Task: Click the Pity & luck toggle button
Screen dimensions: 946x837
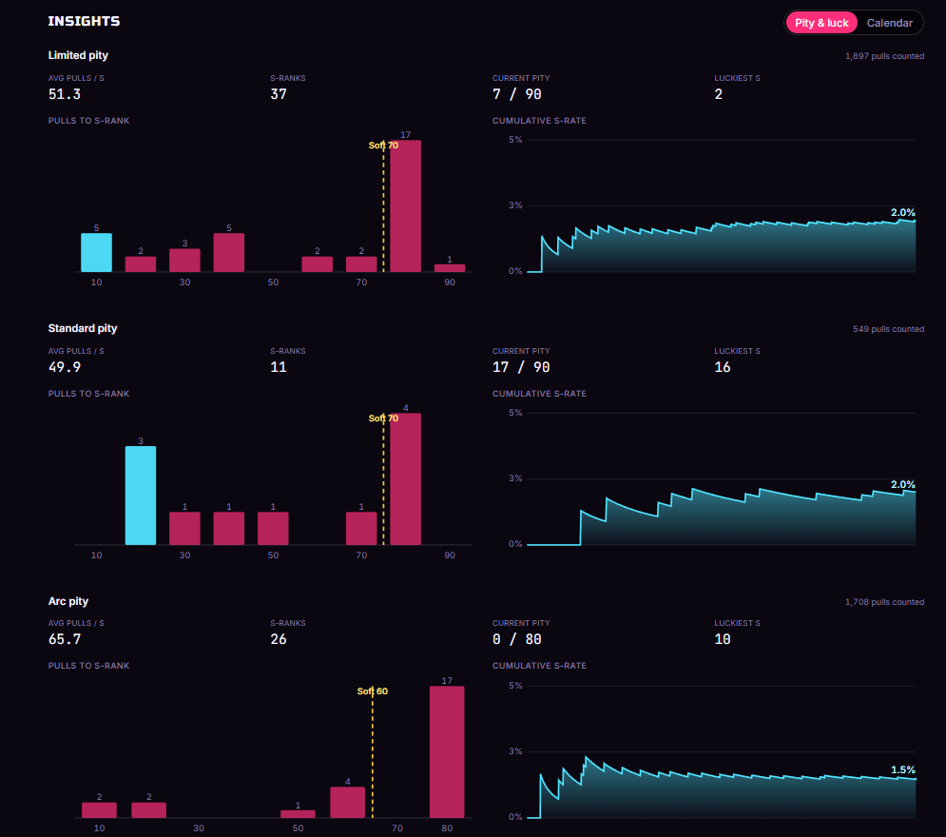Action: (x=821, y=23)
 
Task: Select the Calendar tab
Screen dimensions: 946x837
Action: (x=889, y=23)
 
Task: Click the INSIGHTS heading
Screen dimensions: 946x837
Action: (x=84, y=21)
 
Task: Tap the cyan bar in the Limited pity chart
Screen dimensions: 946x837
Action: (x=97, y=252)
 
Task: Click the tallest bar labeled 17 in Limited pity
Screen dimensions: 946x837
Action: (x=405, y=205)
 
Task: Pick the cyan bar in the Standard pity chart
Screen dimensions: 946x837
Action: (x=141, y=496)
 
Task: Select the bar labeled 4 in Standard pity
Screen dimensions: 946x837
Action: (x=405, y=478)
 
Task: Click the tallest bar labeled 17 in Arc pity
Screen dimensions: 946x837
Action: (x=447, y=752)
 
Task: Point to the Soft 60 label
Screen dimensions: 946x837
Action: (x=373, y=691)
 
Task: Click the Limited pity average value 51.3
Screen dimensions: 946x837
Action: (x=65, y=94)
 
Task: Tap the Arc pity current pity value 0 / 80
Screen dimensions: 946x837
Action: (x=516, y=639)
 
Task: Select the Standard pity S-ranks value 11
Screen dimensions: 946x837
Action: (x=279, y=367)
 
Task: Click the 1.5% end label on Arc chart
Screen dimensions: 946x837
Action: (x=902, y=769)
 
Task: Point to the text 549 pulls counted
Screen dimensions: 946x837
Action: (x=888, y=329)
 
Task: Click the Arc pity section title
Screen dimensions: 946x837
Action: (x=68, y=601)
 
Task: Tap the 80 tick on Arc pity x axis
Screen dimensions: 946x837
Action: (x=447, y=827)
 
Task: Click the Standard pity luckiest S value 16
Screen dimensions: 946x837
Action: (x=723, y=367)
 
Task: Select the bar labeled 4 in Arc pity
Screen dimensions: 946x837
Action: (x=348, y=802)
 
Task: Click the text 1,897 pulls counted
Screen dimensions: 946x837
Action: (x=884, y=56)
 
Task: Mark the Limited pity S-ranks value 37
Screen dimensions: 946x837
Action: (x=279, y=94)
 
